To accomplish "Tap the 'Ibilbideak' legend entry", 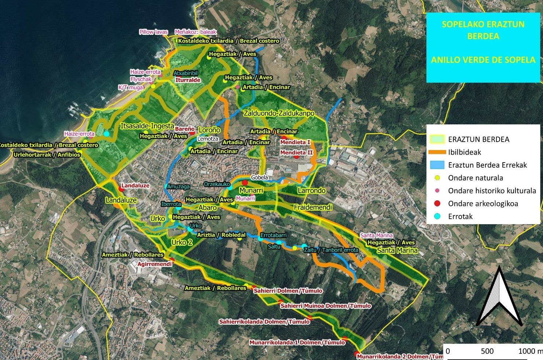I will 464,152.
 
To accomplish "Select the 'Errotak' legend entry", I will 460,217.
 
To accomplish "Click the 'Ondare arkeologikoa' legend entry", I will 483,204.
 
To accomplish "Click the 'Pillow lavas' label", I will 153,32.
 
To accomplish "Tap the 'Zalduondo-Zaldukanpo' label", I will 279,113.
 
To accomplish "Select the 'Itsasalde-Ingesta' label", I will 147,126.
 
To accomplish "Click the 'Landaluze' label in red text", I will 135,186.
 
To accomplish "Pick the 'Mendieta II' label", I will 296,153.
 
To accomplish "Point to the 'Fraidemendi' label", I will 313,207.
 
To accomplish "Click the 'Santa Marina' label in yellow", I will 397,250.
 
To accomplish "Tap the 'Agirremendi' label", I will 154,264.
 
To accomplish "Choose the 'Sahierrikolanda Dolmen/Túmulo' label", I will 264,322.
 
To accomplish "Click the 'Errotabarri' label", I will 274,235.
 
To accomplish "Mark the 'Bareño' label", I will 185,129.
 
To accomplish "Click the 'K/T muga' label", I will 131,87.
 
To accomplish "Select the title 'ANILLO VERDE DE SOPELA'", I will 483,60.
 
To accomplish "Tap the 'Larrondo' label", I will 311,190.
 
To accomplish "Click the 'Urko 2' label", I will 182,242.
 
